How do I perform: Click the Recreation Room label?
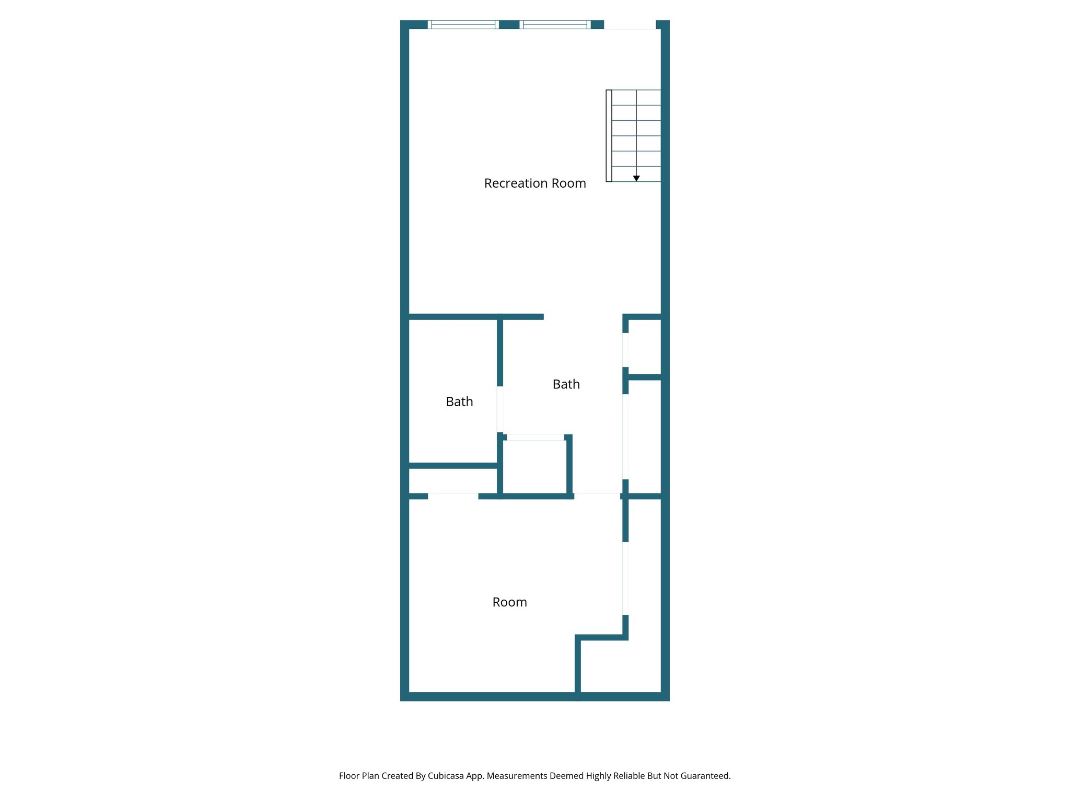[x=535, y=183]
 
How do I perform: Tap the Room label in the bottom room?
[x=509, y=602]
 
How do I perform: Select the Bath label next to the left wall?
[x=459, y=401]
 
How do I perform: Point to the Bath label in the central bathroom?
[x=566, y=384]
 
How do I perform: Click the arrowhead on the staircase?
[x=636, y=178]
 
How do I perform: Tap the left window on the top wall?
[x=463, y=25]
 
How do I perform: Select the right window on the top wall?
[x=555, y=25]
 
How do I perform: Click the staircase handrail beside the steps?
[x=609, y=136]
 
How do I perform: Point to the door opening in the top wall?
[x=630, y=25]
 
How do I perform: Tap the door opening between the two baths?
[x=500, y=409]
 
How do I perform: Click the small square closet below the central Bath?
[x=534, y=466]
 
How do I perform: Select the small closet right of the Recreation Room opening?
[x=645, y=346]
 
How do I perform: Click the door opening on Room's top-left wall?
[x=453, y=496]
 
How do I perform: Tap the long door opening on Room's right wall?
[x=625, y=578]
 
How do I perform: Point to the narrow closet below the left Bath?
[x=452, y=480]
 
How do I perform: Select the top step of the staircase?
[x=636, y=98]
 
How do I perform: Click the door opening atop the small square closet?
[x=536, y=437]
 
